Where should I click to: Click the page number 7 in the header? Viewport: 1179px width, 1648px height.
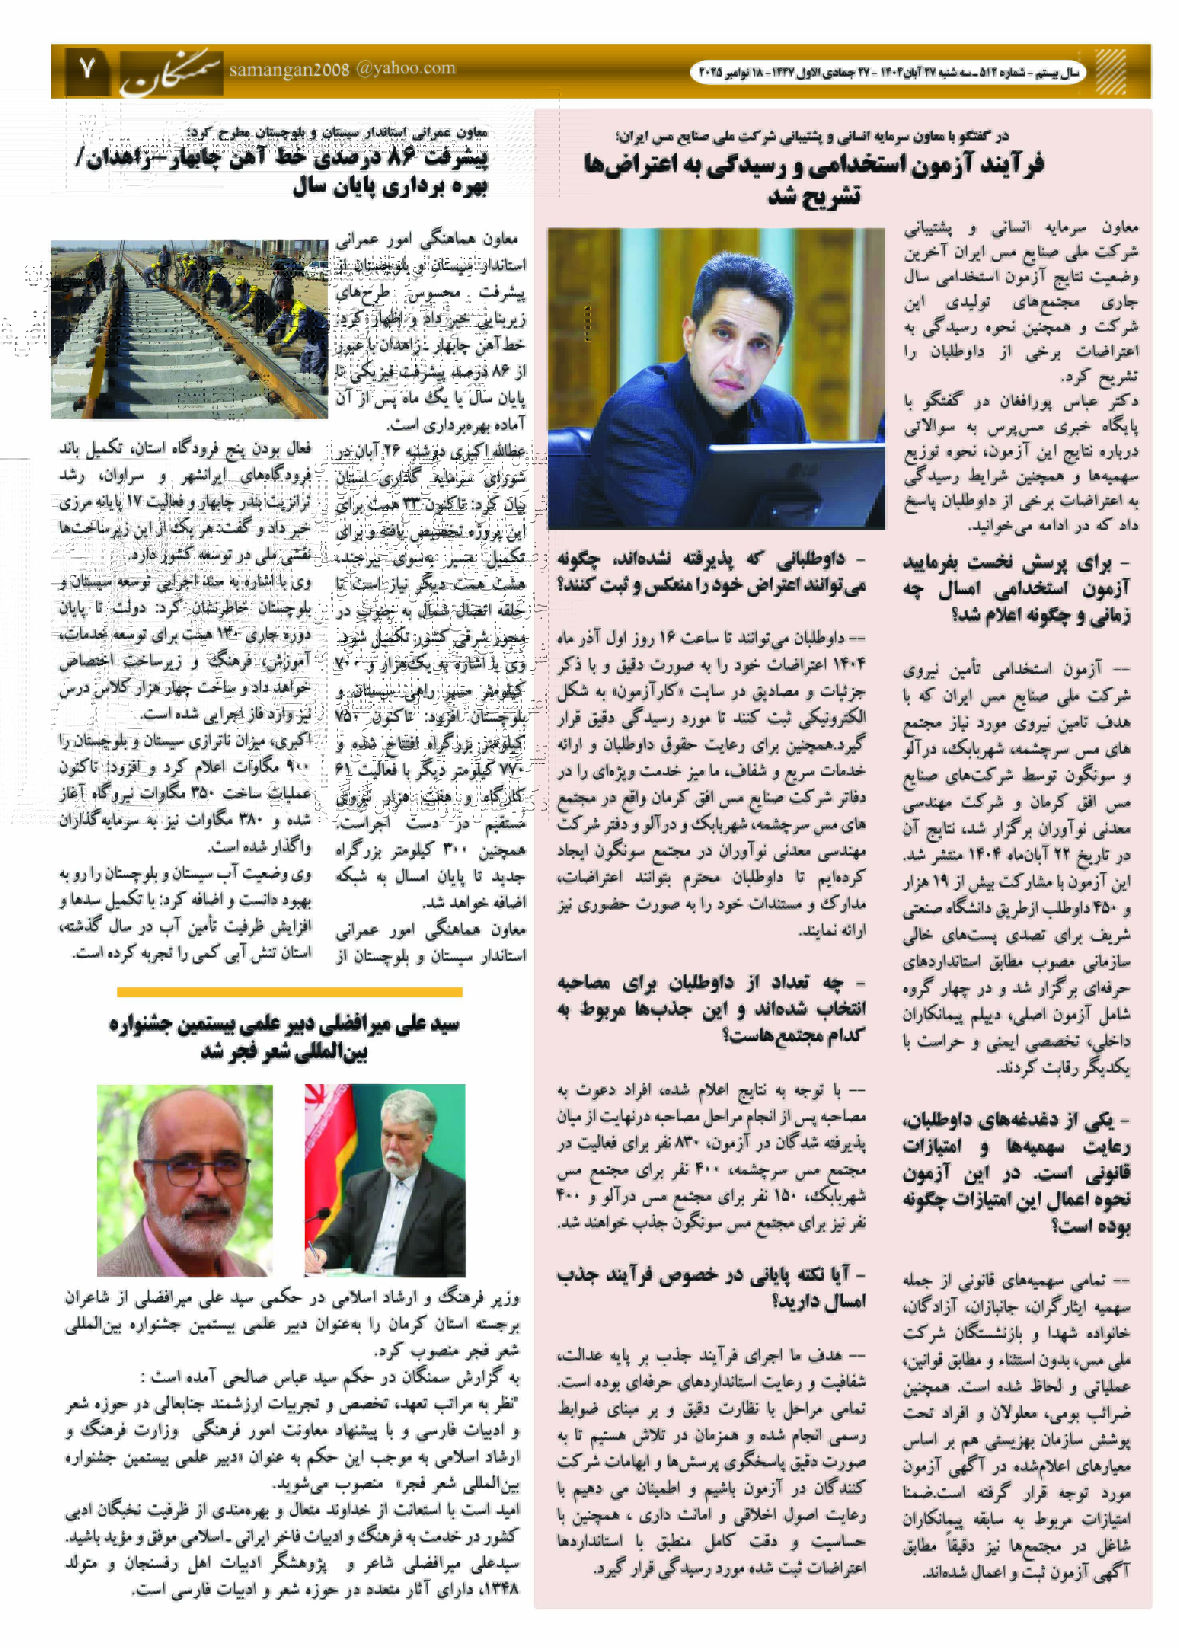pyautogui.click(x=87, y=70)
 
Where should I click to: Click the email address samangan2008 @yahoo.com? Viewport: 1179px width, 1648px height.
pyautogui.click(x=342, y=69)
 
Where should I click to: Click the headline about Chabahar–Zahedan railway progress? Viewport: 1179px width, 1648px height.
pyautogui.click(x=283, y=170)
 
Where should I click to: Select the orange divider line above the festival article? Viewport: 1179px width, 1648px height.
pyautogui.click(x=290, y=992)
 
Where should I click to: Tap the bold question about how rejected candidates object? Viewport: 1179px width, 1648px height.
pyautogui.click(x=711, y=571)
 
